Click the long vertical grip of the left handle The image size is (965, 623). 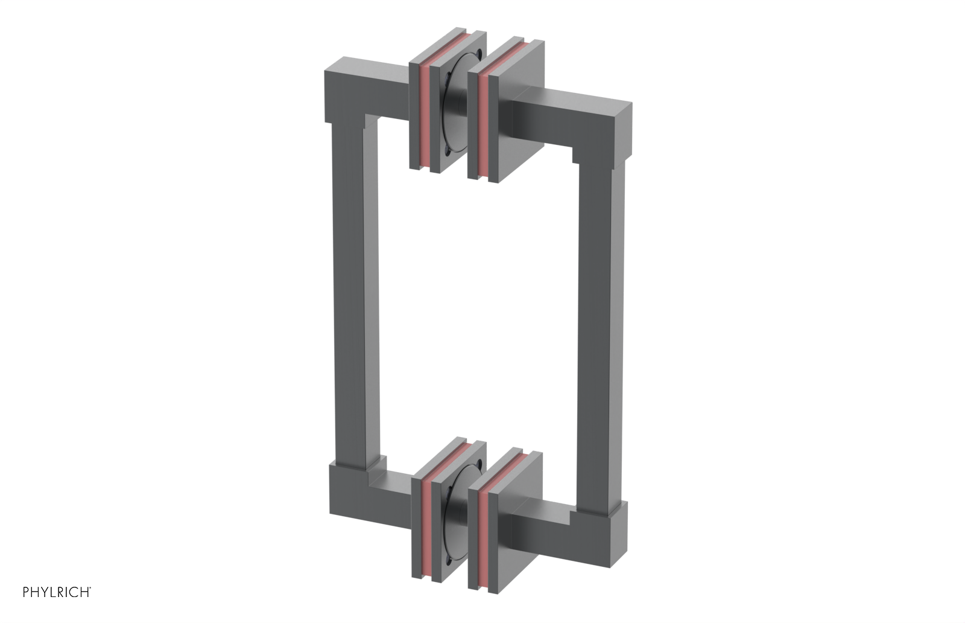point(347,302)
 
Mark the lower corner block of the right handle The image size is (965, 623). point(609,531)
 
